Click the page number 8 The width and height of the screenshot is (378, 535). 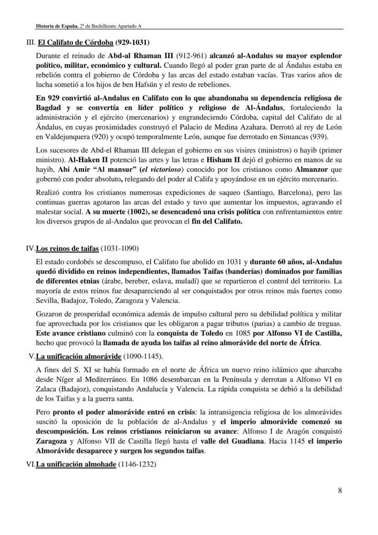point(340,491)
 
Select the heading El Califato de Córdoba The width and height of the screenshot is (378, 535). point(75,43)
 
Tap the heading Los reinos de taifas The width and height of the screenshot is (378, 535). point(67,249)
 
